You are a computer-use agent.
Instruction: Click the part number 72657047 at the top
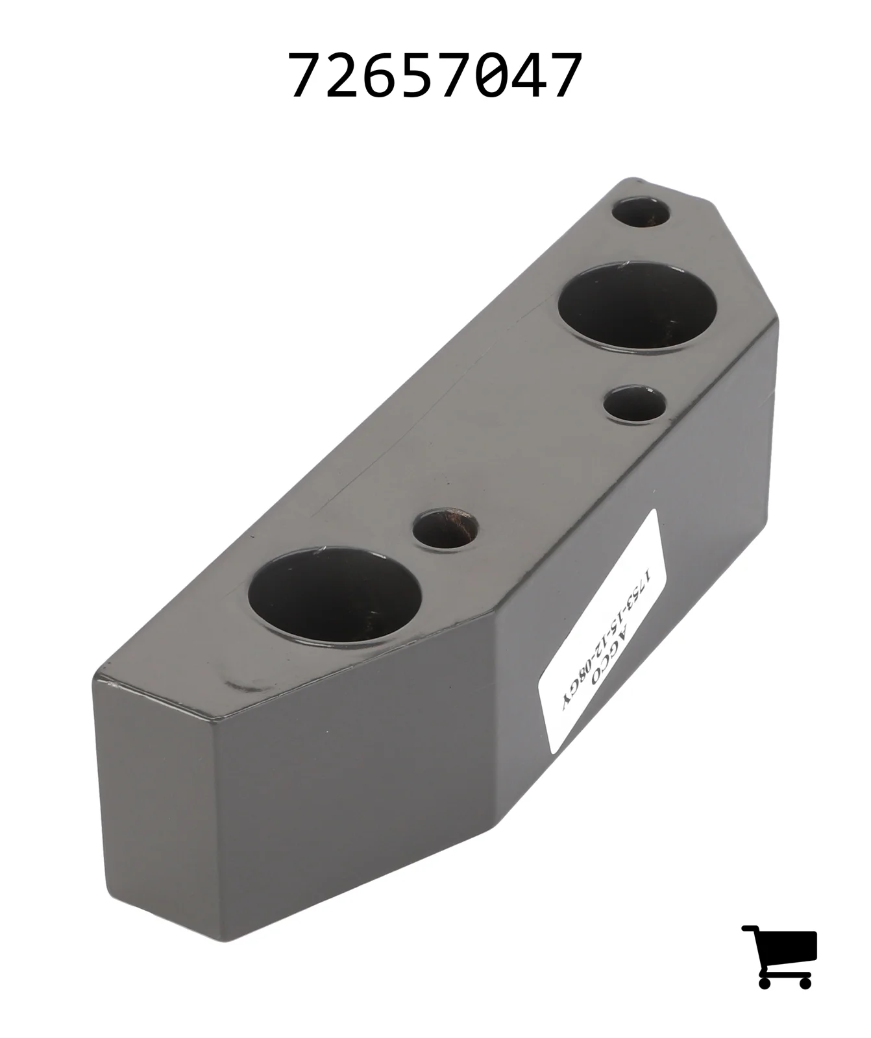point(435,76)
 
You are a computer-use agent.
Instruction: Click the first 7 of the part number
point(306,76)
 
